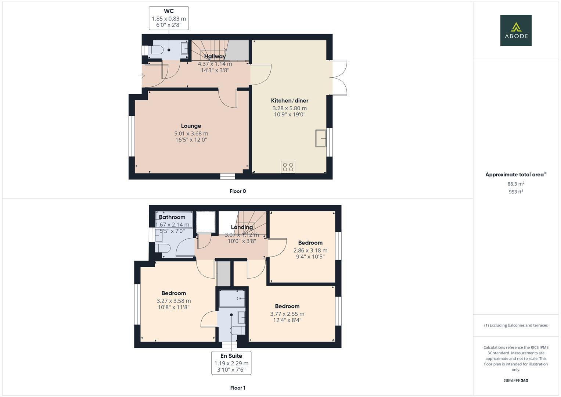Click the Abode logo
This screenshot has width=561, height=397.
[516, 30]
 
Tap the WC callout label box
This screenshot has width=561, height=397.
[169, 18]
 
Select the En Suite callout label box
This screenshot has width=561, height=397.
[231, 363]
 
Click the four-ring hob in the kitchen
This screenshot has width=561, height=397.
[288, 167]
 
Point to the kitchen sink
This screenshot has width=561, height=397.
[321, 138]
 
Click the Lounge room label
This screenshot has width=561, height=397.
[191, 126]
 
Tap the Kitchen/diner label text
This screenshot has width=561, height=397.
[290, 101]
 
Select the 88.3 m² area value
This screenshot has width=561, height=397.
[516, 184]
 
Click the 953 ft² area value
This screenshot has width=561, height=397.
[516, 192]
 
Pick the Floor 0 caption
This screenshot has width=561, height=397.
[238, 191]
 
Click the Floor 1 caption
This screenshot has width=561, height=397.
[238, 388]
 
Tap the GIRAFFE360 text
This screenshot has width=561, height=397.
[516, 380]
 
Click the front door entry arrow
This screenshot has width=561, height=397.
[143, 76]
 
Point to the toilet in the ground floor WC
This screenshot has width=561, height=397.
[156, 50]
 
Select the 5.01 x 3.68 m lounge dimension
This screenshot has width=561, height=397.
[191, 134]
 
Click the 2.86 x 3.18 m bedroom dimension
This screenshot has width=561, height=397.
[310, 250]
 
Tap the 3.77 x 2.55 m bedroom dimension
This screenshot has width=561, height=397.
[287, 314]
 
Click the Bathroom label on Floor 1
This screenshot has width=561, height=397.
[172, 217]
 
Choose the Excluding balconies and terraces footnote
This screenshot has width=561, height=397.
[516, 325]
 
